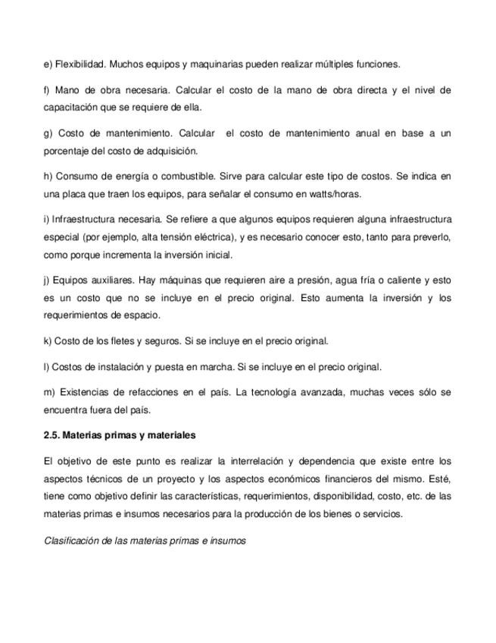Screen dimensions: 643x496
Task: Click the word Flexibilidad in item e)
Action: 79,64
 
